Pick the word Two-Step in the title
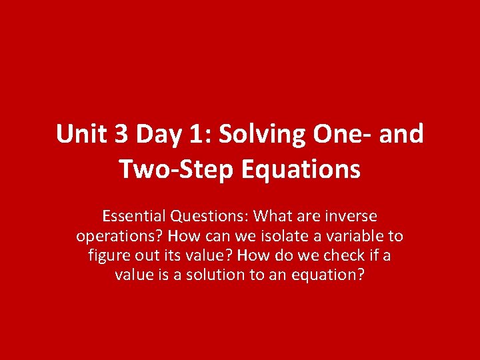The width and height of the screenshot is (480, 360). click(x=176, y=169)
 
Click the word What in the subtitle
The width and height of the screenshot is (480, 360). click(x=273, y=217)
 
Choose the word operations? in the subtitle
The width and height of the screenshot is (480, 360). click(x=119, y=237)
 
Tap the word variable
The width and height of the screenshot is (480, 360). click(x=345, y=236)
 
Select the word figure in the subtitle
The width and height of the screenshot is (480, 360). click(x=108, y=256)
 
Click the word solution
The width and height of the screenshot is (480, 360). click(x=215, y=275)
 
